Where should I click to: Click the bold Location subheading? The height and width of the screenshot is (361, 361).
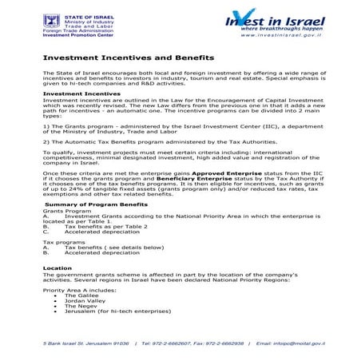(x=57, y=268)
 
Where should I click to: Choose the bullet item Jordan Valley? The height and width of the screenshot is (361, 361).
(x=83, y=300)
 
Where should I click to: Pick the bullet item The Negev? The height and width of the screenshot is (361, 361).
(x=80, y=306)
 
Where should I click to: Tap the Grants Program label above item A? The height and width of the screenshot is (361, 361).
(x=63, y=211)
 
